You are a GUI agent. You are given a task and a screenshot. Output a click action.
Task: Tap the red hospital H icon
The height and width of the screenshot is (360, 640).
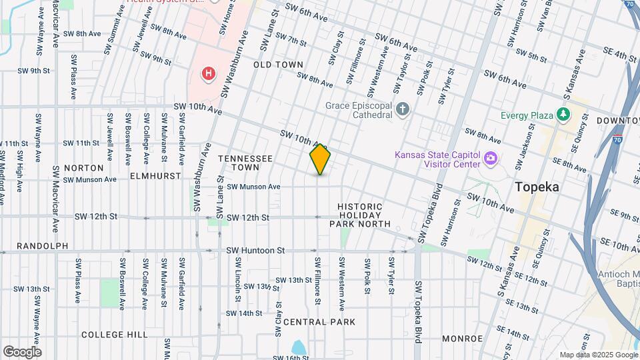click(x=209, y=73)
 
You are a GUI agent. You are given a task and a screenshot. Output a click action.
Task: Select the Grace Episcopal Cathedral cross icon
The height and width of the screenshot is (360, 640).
click(x=402, y=109)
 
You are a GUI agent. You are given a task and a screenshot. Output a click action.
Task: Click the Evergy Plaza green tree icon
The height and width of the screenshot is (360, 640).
click(x=563, y=115)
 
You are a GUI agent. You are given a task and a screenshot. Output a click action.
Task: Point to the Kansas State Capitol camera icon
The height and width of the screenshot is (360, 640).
click(x=491, y=159)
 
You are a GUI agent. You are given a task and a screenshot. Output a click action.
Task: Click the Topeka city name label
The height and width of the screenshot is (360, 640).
click(x=537, y=187)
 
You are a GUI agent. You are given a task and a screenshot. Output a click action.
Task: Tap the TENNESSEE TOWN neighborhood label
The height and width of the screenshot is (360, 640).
click(x=245, y=163)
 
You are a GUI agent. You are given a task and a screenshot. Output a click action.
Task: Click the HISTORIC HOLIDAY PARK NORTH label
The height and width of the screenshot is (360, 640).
click(x=360, y=215)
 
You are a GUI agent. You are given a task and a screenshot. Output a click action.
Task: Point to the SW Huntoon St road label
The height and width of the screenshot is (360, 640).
click(x=255, y=251)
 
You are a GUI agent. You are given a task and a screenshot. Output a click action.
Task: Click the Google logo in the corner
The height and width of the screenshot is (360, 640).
click(x=22, y=351)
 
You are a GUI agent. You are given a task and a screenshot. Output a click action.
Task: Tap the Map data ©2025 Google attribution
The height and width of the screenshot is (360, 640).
click(x=598, y=355)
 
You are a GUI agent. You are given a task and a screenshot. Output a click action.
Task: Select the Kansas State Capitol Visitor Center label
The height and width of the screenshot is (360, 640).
click(x=437, y=159)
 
